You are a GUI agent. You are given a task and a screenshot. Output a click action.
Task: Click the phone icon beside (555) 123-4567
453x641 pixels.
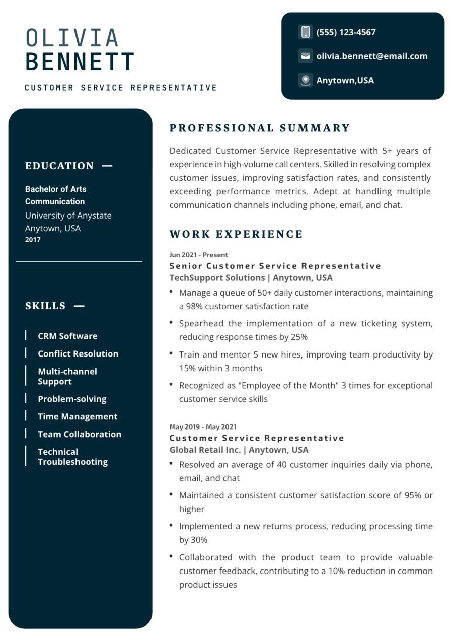click(305, 32)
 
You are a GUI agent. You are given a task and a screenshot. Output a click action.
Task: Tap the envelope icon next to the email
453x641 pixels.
click(305, 56)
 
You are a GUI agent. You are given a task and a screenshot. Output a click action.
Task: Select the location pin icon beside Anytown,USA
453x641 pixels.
click(305, 80)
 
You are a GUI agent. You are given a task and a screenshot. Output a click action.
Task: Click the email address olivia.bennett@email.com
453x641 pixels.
click(371, 56)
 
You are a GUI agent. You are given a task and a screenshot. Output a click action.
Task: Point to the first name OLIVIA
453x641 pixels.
click(72, 38)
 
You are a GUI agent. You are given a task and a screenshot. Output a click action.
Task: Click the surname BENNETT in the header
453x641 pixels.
click(80, 62)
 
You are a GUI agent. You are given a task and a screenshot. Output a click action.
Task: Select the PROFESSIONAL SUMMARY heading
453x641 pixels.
click(259, 128)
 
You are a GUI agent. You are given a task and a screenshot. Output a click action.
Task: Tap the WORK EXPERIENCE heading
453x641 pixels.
click(236, 234)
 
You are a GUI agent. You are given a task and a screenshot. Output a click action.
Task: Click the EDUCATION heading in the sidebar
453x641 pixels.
click(59, 166)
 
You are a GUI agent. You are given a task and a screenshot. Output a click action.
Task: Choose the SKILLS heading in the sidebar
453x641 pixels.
click(45, 306)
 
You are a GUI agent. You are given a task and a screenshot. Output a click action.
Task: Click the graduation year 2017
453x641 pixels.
click(33, 240)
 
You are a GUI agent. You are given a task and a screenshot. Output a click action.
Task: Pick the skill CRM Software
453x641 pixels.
click(67, 336)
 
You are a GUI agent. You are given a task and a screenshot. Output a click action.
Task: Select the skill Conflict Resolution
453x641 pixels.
click(78, 354)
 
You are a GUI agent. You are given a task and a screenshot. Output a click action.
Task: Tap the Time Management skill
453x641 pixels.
click(78, 417)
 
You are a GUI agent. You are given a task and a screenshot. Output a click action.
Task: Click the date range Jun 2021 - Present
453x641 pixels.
click(198, 255)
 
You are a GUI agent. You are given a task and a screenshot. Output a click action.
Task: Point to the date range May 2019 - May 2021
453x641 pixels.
click(202, 427)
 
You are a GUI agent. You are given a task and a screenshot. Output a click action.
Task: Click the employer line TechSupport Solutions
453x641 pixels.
click(251, 278)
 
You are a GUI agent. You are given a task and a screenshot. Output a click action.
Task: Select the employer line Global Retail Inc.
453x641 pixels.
click(239, 450)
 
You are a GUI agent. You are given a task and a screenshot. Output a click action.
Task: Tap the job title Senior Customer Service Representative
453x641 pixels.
click(275, 266)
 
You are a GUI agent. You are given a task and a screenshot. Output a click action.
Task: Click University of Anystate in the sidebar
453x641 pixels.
click(68, 216)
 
